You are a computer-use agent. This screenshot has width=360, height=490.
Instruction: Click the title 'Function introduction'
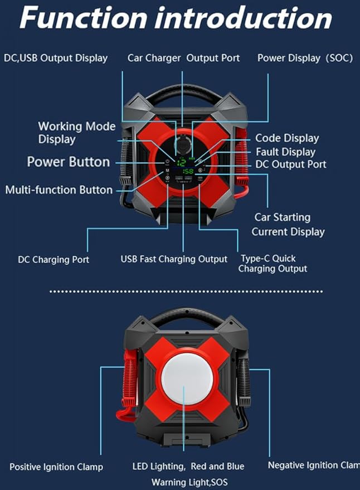click(176, 19)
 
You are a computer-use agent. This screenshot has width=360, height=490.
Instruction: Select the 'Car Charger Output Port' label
click(183, 58)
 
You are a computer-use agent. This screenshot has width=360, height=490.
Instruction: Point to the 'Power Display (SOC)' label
click(305, 58)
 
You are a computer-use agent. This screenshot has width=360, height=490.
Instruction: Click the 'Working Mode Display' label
click(77, 133)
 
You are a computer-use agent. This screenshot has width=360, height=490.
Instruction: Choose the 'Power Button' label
click(68, 162)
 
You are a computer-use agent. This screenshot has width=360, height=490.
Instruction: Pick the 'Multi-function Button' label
click(59, 190)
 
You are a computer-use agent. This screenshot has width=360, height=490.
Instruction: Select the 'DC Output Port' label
click(291, 164)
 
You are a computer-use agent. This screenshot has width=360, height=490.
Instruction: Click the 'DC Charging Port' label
click(53, 259)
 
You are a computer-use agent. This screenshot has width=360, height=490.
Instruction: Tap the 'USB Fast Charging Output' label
click(174, 259)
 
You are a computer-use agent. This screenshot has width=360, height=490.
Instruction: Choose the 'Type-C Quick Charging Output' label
click(273, 264)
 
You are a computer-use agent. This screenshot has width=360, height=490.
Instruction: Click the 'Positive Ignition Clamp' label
click(56, 467)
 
